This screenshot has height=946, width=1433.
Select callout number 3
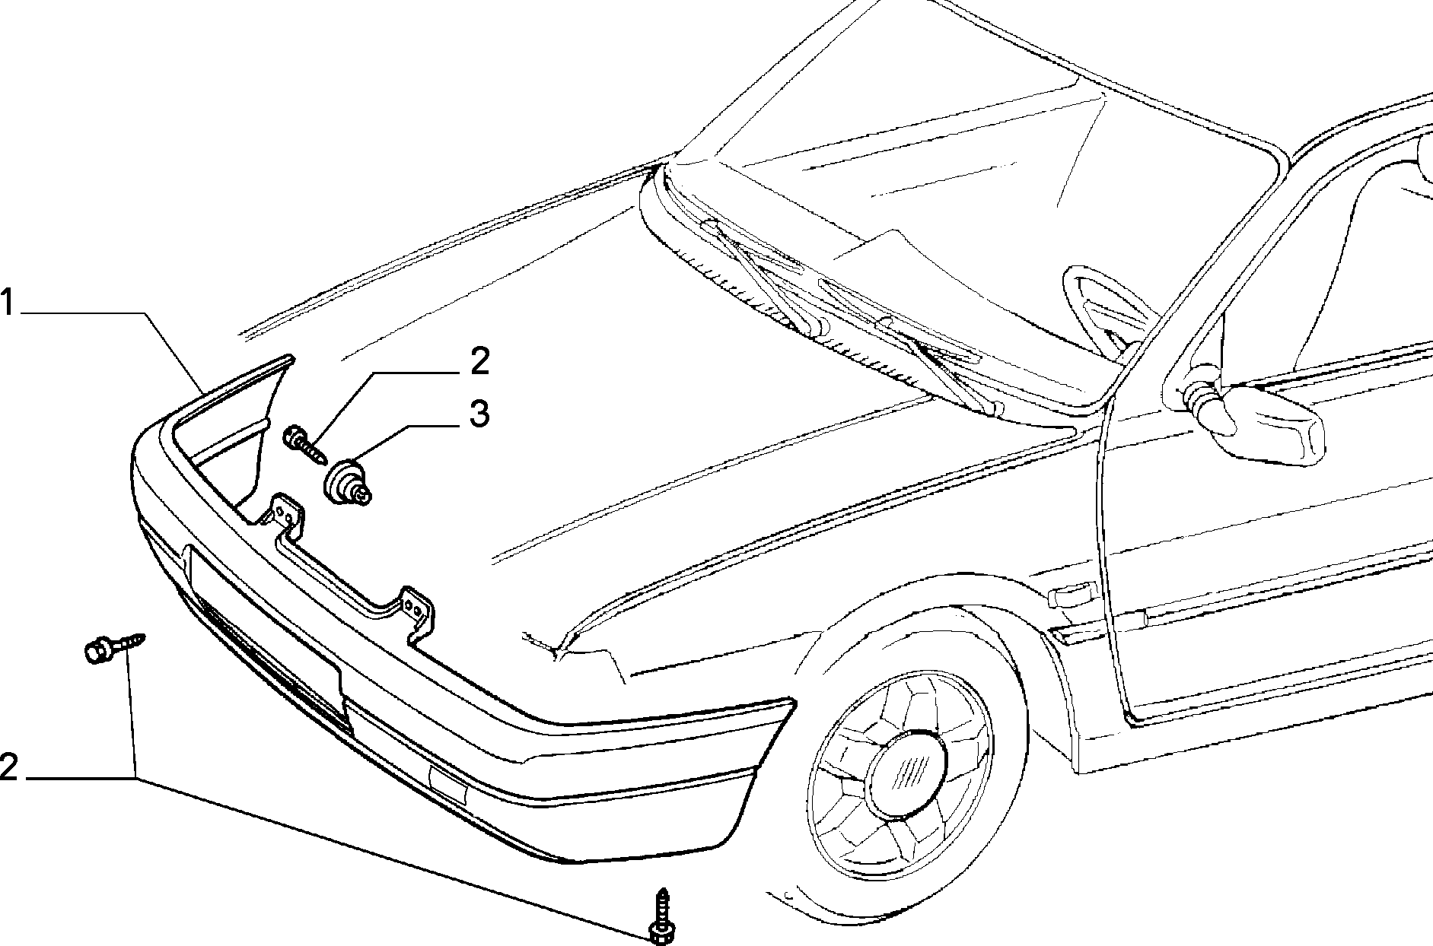click(x=478, y=415)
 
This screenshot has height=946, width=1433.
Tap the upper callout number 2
click(x=479, y=362)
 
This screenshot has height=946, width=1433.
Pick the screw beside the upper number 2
click(x=306, y=447)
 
